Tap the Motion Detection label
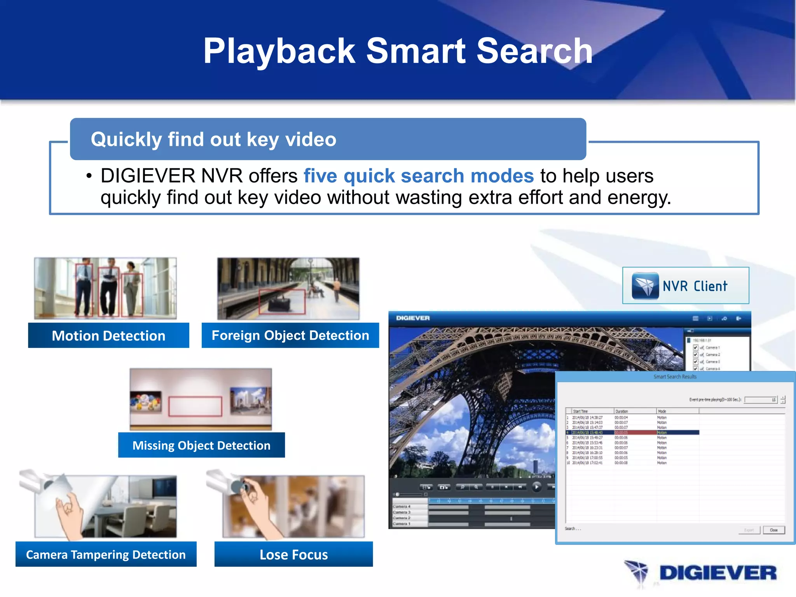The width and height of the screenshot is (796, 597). [108, 335]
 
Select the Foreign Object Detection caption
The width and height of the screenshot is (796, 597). [290, 335]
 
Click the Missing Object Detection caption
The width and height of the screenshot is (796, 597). [201, 445]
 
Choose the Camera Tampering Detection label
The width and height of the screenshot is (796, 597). [106, 554]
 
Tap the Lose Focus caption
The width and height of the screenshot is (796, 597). [293, 554]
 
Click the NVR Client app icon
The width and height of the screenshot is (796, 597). [645, 286]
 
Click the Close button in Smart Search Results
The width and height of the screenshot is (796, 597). [773, 530]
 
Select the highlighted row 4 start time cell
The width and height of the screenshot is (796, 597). [587, 433]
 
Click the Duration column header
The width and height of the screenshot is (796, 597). [622, 411]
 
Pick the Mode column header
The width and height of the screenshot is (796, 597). [662, 411]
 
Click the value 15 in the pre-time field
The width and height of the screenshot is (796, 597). [773, 400]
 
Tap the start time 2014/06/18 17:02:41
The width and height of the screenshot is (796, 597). [587, 463]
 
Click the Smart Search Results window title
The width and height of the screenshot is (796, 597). [675, 377]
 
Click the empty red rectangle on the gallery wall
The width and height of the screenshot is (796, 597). [195, 407]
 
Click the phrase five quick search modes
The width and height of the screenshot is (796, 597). [419, 176]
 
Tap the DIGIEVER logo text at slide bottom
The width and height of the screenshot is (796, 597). [717, 573]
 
